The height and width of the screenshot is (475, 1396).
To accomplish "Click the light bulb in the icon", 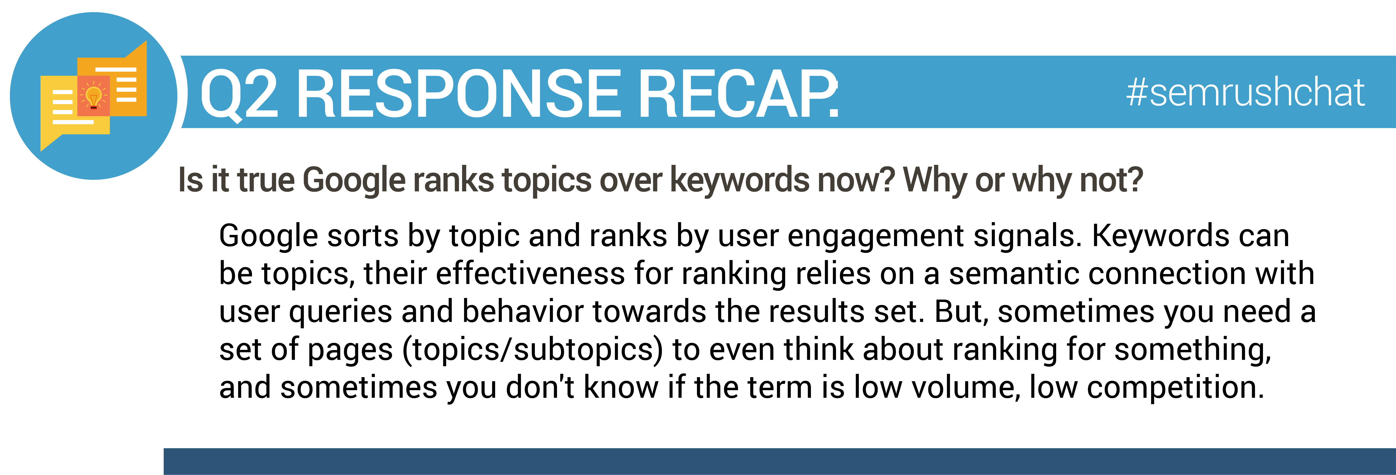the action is [94, 98].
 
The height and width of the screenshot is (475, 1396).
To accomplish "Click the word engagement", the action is [876, 237].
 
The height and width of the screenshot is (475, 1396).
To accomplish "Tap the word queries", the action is [340, 313].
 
